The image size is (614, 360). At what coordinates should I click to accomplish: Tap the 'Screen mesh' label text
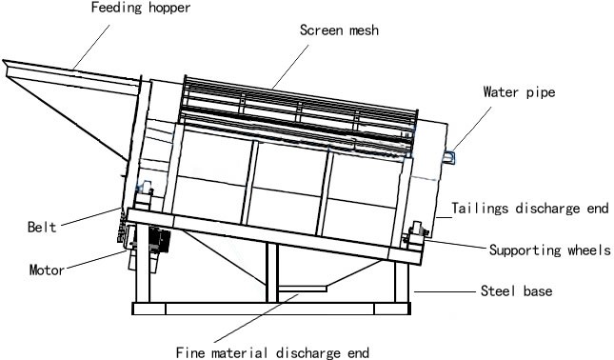click(340, 30)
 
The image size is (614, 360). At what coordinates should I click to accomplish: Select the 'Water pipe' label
click(520, 92)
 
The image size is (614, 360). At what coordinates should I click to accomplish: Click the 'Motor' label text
click(46, 270)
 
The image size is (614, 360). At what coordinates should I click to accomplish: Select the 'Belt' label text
click(44, 227)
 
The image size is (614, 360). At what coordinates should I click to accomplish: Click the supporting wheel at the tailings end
click(417, 233)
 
